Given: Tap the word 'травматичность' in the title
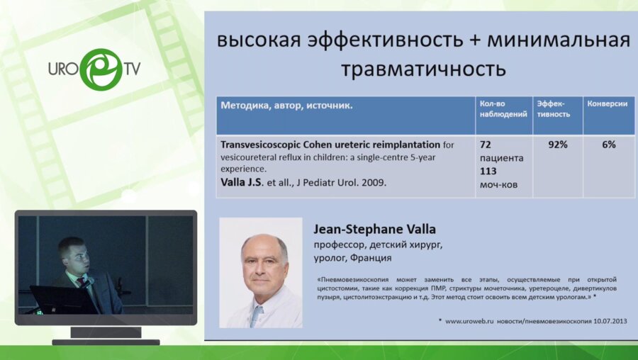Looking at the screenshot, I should tap(422, 69).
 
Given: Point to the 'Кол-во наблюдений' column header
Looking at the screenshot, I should tap(503, 108).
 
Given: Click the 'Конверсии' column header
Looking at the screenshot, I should tap(607, 103).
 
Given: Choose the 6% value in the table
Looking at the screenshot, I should tap(608, 145).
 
